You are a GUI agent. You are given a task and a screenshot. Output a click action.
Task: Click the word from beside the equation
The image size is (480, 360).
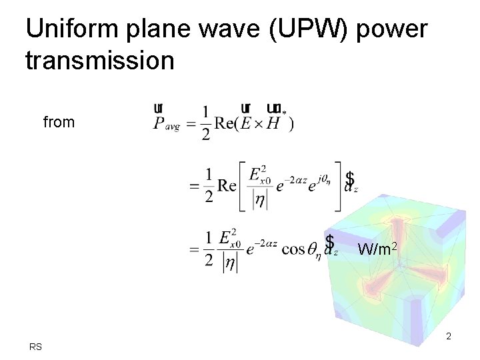(59, 122)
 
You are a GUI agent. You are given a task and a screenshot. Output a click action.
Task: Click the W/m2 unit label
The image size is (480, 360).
(378, 249)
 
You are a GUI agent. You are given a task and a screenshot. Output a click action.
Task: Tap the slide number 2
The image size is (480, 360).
(449, 336)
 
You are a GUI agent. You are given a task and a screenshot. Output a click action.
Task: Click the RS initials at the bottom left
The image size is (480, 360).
(35, 347)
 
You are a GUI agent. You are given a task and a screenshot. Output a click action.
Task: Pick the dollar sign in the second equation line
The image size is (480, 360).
(349, 179)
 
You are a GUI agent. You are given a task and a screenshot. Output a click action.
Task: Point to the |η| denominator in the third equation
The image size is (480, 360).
(229, 262)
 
